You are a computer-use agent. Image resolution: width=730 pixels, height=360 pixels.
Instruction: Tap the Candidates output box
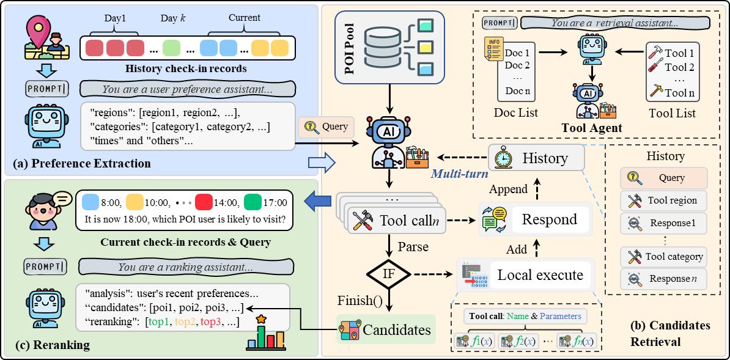[x=385, y=330]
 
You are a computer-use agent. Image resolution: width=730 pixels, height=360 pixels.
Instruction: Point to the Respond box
[x=535, y=219]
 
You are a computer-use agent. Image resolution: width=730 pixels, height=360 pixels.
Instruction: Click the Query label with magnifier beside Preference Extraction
[x=326, y=127]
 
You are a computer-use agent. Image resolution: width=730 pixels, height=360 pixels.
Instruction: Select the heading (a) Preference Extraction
[x=79, y=163]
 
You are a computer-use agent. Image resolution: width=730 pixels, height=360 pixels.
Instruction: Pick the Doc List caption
[x=516, y=113]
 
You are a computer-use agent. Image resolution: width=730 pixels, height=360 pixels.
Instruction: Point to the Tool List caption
[x=673, y=113]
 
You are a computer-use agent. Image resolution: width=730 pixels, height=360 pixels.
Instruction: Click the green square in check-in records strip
[x=172, y=48]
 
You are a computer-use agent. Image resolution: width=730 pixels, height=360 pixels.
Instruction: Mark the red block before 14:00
[x=204, y=202]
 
